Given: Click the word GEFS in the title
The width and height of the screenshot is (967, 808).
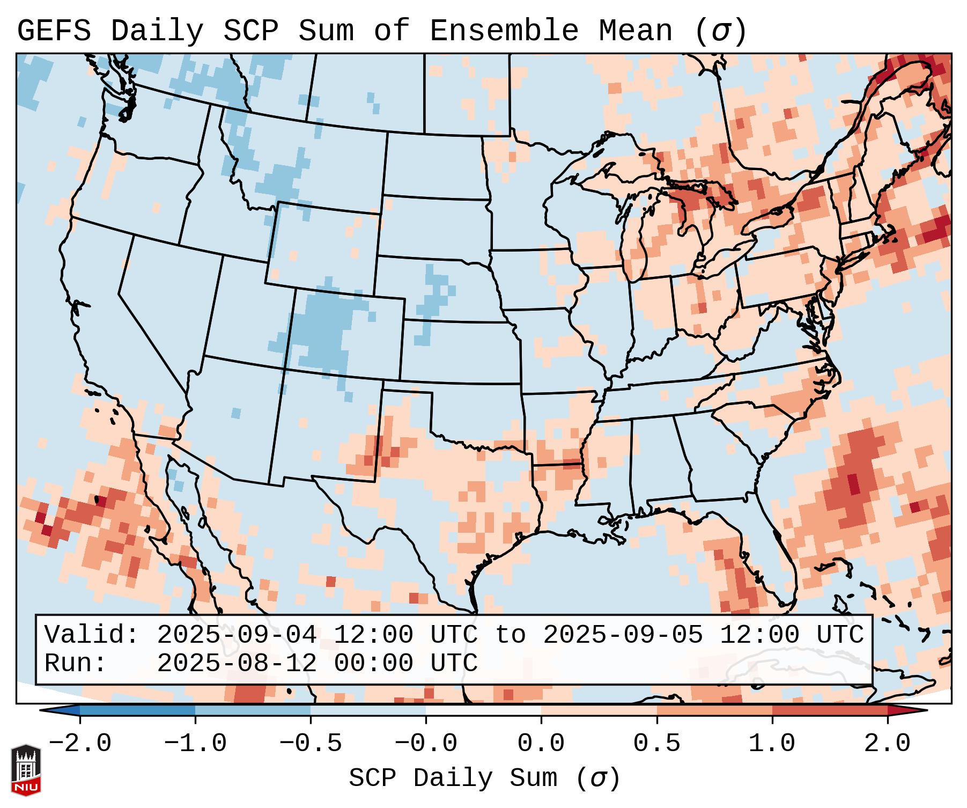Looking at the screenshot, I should click(x=54, y=31).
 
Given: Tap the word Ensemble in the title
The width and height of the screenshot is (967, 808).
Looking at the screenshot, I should click(x=504, y=31).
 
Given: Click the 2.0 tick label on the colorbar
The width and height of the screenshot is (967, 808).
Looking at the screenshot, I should click(x=887, y=744).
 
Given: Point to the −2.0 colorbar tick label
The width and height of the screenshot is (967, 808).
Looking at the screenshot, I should click(x=80, y=744).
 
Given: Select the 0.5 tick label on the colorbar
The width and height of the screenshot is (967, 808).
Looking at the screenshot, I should click(x=656, y=744).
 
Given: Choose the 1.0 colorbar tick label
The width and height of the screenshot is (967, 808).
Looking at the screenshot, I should click(x=772, y=744).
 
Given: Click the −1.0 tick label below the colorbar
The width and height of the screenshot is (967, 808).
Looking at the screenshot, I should click(x=195, y=744).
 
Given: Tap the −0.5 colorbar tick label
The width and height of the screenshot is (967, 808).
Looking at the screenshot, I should click(x=311, y=744).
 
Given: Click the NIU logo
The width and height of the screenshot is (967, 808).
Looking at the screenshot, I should click(x=26, y=770).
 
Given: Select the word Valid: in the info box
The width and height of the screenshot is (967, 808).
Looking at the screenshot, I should click(x=92, y=635).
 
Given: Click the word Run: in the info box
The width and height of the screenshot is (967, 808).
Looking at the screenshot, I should click(x=76, y=664).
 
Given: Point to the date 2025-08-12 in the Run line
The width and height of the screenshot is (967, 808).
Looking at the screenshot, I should click(x=237, y=664).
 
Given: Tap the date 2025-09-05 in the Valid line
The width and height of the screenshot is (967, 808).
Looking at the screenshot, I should click(x=623, y=635).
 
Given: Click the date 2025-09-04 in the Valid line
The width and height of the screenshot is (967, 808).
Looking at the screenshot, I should click(x=237, y=635).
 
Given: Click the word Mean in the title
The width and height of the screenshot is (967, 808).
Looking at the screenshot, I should click(x=635, y=31).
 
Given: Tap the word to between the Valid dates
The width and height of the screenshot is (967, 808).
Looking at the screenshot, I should click(x=510, y=635).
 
